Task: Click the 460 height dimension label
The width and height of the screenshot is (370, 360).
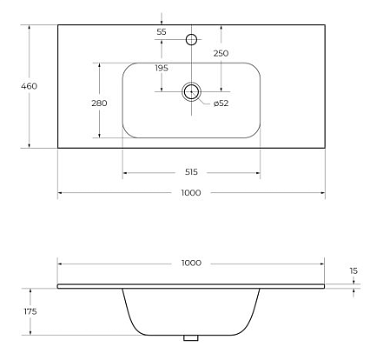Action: [29, 86]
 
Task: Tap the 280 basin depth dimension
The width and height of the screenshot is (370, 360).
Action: [99, 103]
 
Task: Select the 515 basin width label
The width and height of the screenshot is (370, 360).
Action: [191, 172]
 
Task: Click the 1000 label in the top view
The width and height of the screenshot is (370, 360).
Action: [191, 193]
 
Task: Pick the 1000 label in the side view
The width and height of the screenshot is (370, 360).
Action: [191, 263]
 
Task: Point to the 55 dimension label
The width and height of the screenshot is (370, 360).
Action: [162, 32]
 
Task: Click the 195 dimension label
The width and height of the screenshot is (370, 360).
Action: [162, 68]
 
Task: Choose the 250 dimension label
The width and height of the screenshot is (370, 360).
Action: [221, 53]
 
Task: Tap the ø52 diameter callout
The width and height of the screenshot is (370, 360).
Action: [221, 103]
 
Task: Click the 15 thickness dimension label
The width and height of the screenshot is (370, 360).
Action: [353, 271]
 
